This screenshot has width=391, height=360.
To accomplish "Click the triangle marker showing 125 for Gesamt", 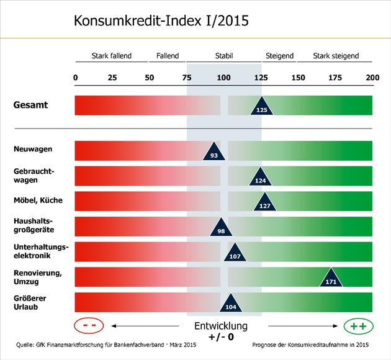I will (262, 107).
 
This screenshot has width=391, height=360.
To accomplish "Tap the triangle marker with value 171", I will (330, 279).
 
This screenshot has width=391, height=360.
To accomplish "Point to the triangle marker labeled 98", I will (221, 228).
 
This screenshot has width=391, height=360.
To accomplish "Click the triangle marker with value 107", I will (235, 253).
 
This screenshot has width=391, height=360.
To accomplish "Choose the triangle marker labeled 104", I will (230, 304).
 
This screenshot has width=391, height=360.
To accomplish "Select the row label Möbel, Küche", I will (37, 200).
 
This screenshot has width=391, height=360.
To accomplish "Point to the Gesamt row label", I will (30, 105).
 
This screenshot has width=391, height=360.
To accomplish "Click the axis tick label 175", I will (335, 78).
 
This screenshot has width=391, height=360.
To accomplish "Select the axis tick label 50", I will (150, 78).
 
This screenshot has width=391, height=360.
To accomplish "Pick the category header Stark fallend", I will (111, 56).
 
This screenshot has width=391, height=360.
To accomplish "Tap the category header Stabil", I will (223, 56).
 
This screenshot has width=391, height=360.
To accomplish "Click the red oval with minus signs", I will (88, 325).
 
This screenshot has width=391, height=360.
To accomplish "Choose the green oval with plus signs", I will (358, 325).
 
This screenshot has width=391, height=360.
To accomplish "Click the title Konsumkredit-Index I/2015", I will (161, 20).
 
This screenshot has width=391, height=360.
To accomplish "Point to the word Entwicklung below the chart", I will (221, 326).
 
